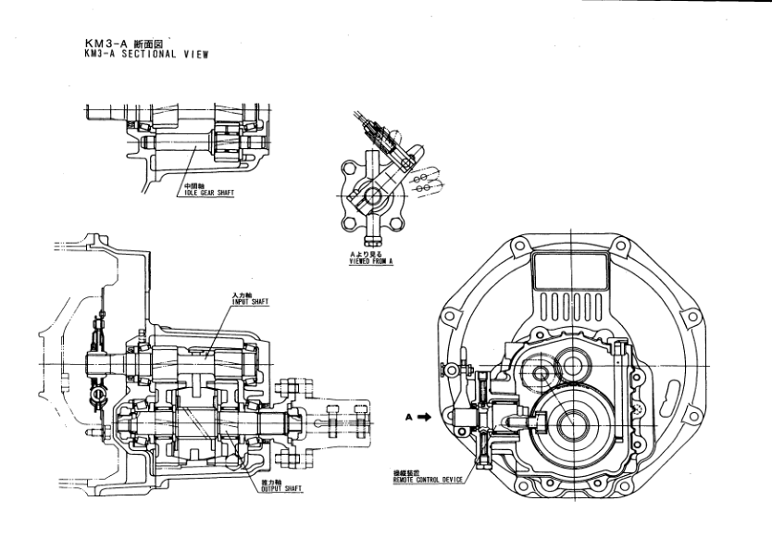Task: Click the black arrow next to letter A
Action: tap(424, 418)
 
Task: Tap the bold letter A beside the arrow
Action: tap(408, 418)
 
